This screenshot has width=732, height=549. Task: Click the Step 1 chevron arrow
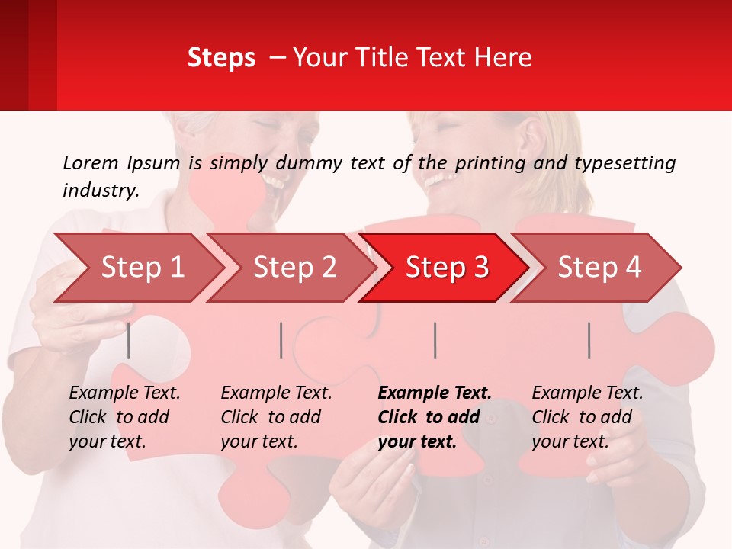(x=142, y=268)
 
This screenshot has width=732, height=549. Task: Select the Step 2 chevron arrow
(x=294, y=268)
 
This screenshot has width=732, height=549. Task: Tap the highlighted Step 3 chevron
(x=447, y=268)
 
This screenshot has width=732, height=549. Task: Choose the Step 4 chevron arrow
(x=599, y=268)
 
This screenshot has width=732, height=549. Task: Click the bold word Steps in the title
(x=221, y=58)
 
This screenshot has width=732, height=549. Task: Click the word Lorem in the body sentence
(x=91, y=162)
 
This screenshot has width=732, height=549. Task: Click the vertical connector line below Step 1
(x=129, y=340)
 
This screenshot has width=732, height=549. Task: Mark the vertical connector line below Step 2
(x=281, y=340)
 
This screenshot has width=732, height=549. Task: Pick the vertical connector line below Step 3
(x=435, y=340)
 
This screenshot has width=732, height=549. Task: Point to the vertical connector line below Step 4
(x=589, y=340)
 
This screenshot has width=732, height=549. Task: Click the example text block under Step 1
(x=124, y=417)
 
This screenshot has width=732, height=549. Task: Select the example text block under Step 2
(x=276, y=417)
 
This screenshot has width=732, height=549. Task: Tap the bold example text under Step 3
(x=435, y=417)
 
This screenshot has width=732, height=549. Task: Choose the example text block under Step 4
(x=587, y=417)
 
